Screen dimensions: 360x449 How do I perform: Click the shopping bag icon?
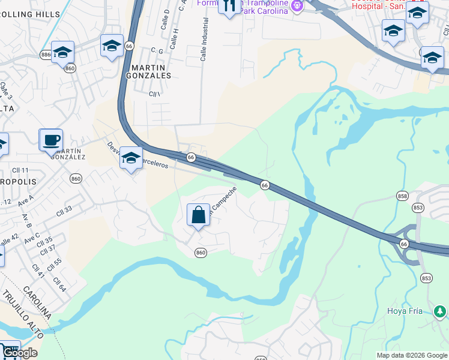[198, 215]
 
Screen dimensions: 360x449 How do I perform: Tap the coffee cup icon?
[50, 140]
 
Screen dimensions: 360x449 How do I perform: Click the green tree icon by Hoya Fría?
[440, 311]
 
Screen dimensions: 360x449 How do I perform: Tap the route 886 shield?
[46, 55]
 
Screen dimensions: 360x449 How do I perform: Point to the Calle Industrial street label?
[205, 40]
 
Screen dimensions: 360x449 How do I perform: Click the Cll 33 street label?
[64, 210]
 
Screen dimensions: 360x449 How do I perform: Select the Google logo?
[20, 353]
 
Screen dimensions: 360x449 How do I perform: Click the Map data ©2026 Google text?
[412, 355]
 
